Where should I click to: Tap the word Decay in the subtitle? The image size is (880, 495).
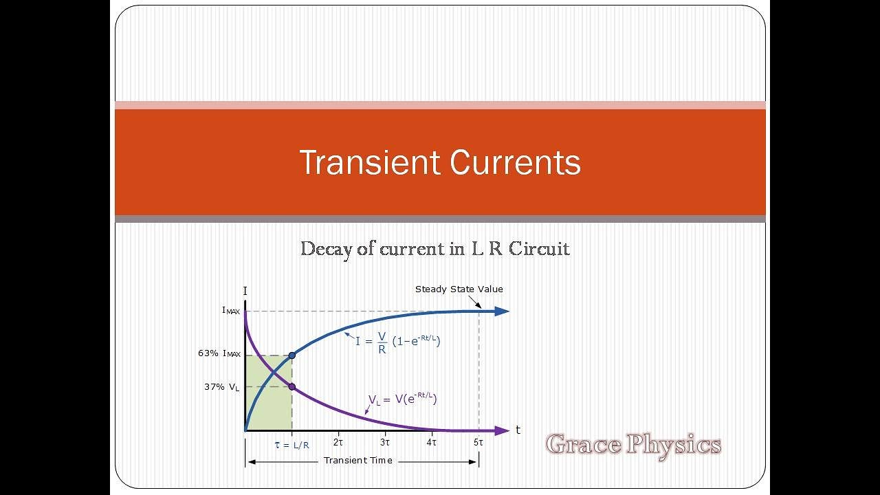point(327,248)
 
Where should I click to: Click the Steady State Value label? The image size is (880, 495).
point(459,289)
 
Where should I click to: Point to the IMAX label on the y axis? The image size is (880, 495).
point(231,311)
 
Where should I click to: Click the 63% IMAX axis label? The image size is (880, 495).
point(219,354)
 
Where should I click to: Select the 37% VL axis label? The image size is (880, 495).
point(222,387)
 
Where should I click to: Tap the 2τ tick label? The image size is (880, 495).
point(338,443)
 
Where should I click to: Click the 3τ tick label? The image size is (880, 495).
point(385,443)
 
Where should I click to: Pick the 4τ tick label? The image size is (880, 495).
point(432,443)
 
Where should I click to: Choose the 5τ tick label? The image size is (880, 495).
point(478,443)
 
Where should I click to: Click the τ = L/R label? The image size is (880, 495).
point(292,445)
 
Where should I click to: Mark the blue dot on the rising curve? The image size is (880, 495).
point(292,355)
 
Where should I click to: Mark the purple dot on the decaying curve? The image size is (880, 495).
point(292,386)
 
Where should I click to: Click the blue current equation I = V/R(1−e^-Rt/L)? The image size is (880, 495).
point(397,342)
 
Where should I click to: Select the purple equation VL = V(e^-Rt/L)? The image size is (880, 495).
point(403,399)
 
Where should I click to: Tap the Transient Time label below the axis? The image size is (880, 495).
point(358,461)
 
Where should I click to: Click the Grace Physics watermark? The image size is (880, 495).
point(633,445)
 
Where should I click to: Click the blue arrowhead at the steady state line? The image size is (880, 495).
point(501,311)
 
